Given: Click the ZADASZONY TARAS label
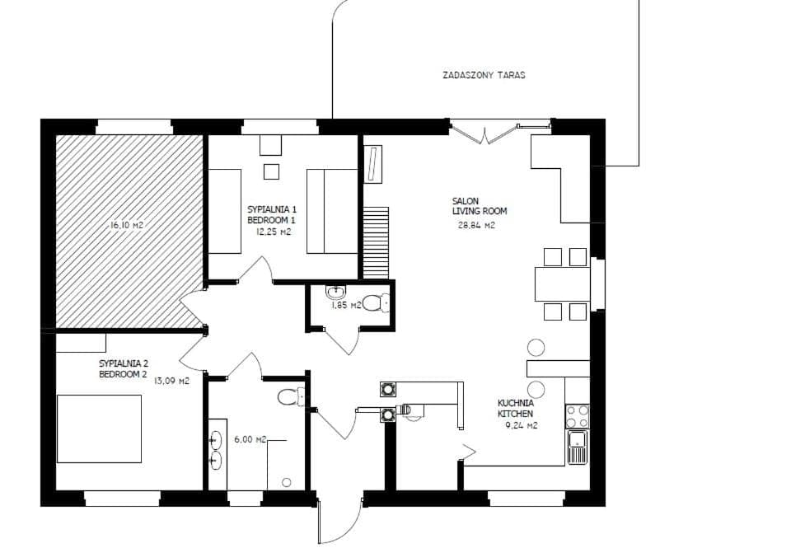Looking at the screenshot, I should coord(484,75).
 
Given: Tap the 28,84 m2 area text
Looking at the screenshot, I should coord(476,223).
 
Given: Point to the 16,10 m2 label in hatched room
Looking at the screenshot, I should coord(127,225).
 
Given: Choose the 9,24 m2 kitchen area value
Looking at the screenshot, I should coord(521,425).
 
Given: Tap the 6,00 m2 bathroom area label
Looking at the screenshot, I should coord(250,440).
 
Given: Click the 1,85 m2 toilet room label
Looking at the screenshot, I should coord(346,306).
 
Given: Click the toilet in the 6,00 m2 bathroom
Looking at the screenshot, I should coord(289,397).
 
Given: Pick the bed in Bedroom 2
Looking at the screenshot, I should coord(99,429).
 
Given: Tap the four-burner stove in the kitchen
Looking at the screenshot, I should coord(578,415).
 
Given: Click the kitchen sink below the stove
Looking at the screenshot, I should coord(578,447).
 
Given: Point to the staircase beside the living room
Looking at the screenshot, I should coord(376,243).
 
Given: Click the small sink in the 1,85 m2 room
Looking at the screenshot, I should coord(335,293).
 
